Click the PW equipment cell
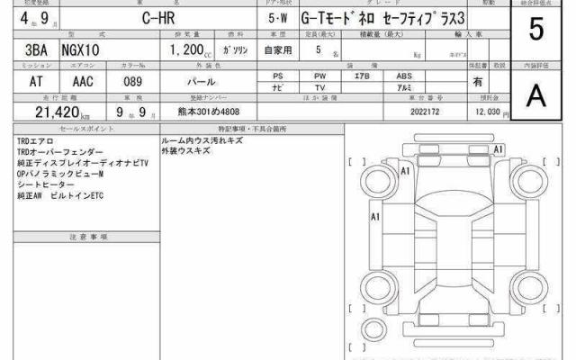pos(319,76)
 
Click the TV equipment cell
pos(319,88)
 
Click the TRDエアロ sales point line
pos(33,142)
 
